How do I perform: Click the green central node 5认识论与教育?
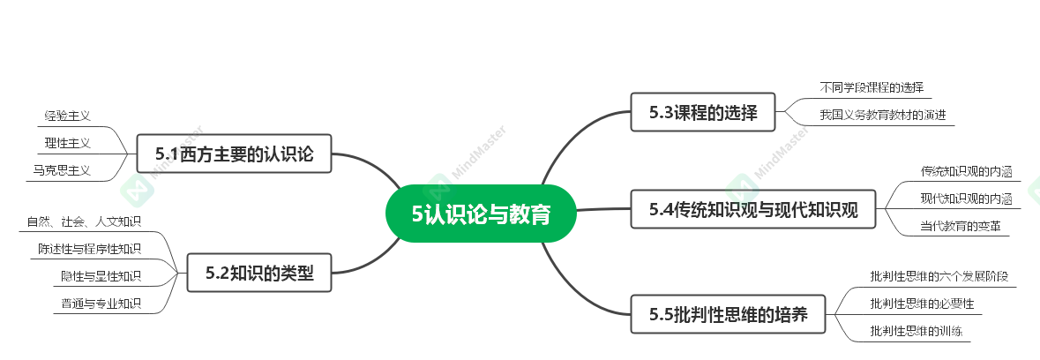click(481, 213)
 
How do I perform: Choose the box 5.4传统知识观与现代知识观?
click(753, 209)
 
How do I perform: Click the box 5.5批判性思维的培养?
click(728, 314)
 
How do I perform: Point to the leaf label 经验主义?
click(68, 116)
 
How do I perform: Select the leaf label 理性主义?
click(68, 142)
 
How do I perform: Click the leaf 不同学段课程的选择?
click(871, 87)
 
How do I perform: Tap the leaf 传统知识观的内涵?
click(965, 171)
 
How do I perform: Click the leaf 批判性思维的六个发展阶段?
click(938, 276)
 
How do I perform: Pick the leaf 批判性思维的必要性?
click(921, 304)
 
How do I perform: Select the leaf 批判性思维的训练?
click(915, 331)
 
